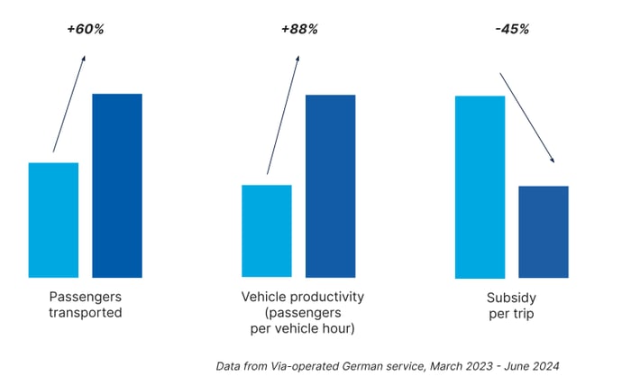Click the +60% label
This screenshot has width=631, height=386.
click(86, 29)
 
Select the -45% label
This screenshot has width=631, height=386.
click(511, 29)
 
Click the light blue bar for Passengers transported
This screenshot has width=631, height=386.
click(53, 220)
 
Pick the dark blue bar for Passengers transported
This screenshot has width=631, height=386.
click(117, 186)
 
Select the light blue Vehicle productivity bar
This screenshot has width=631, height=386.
click(267, 231)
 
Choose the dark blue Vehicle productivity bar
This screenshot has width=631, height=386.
click(331, 186)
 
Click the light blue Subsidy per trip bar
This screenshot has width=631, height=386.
click(480, 187)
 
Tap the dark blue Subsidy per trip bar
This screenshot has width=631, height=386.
click(544, 232)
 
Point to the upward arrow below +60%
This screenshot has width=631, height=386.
click(69, 104)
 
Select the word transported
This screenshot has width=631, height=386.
click(87, 313)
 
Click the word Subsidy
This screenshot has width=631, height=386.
click(511, 297)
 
